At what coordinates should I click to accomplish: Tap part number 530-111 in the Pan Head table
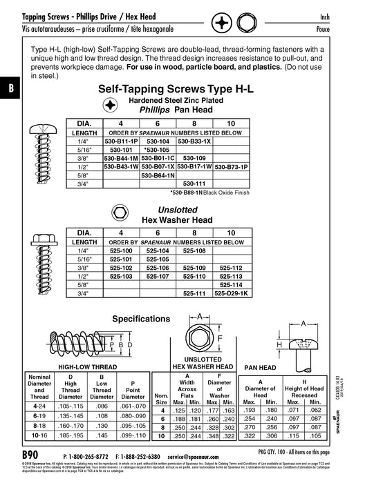(194, 184)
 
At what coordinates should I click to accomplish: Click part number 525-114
(231, 284)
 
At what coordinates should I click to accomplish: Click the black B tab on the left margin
(10, 89)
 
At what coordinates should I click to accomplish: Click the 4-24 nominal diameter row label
(28, 406)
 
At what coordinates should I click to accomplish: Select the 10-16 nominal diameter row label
(28, 437)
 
